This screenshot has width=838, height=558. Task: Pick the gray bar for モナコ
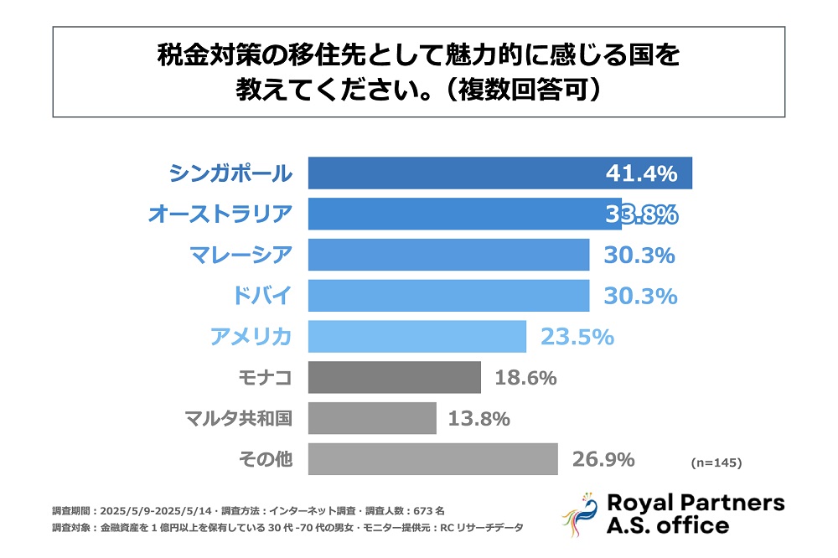click(x=394, y=378)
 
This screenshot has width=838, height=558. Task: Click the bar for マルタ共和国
click(x=372, y=418)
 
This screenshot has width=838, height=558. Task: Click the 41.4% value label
click(x=641, y=174)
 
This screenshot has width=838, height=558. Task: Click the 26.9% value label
click(x=603, y=459)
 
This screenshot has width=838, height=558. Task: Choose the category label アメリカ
click(x=251, y=337)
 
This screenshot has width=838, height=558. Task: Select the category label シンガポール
click(x=230, y=173)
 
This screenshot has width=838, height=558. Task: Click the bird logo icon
click(x=579, y=514)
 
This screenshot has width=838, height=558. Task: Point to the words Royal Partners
click(x=695, y=503)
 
